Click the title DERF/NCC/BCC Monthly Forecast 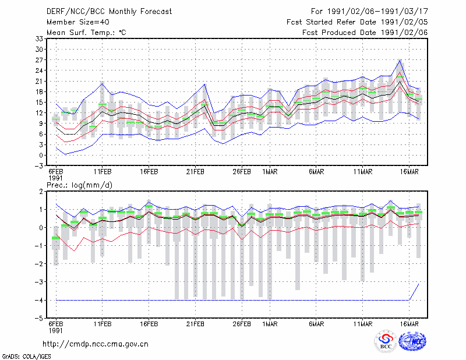[109, 12]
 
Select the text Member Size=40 [78, 22]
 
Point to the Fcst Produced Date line [365, 33]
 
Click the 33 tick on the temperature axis [39, 38]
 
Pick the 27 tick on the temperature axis [39, 60]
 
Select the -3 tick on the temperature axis [38, 165]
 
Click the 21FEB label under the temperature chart [195, 172]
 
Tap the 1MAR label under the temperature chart [270, 172]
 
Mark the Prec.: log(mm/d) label [79, 185]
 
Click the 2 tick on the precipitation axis [41, 192]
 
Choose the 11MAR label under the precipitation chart [363, 324]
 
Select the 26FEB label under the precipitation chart [242, 324]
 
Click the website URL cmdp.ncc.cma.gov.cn [96, 344]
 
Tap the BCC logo [386, 341]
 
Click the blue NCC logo [412, 341]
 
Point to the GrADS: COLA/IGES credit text [26, 357]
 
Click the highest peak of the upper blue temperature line [400, 61]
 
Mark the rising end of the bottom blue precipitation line [419, 284]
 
